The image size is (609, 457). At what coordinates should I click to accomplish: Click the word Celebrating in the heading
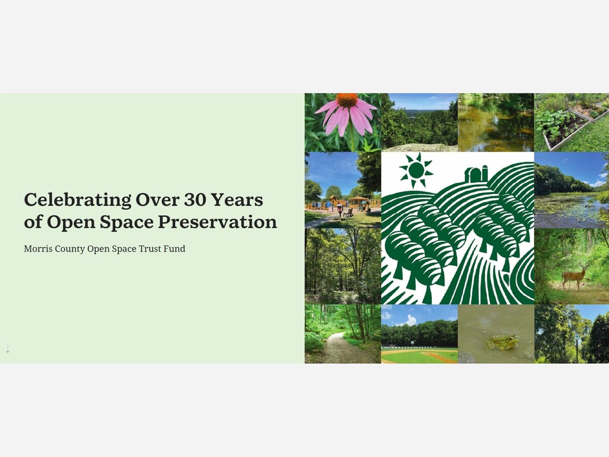tap(78, 200)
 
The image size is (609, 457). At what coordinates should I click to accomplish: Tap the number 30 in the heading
tap(195, 200)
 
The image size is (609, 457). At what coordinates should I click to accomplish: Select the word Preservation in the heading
tap(218, 222)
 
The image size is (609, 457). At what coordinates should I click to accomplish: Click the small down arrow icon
tap(8, 349)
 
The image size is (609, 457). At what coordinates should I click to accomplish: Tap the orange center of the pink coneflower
tap(347, 100)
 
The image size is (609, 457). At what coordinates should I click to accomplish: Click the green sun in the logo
tap(416, 170)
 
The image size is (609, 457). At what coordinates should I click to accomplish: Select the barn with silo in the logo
tap(476, 174)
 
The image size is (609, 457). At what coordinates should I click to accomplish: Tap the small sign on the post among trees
tap(578, 337)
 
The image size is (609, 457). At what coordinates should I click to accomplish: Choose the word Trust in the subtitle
tap(150, 249)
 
